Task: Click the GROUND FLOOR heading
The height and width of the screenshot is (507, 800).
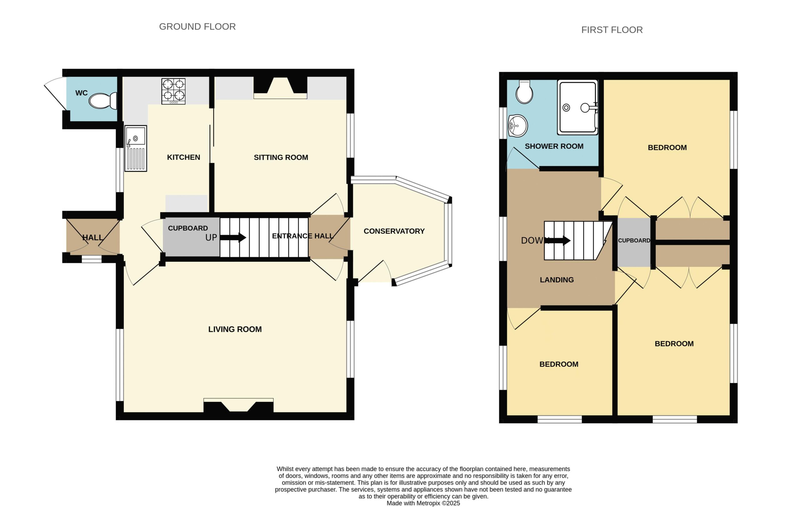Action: [197, 27]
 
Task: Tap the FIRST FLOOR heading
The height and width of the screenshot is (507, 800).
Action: [612, 30]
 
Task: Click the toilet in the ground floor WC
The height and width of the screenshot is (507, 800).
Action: [103, 101]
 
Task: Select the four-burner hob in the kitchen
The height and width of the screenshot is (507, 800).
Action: [173, 91]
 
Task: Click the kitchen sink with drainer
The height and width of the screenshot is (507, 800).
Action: [136, 148]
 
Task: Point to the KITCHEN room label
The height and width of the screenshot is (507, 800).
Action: [183, 158]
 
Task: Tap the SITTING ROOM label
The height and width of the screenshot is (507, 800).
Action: [281, 158]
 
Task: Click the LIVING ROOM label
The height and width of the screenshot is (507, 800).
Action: [235, 329]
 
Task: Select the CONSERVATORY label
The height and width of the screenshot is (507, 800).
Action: [394, 231]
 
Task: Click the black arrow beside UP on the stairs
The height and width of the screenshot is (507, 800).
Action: [233, 238]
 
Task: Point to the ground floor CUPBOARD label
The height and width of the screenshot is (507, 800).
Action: [188, 228]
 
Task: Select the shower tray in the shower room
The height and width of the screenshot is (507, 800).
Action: [577, 107]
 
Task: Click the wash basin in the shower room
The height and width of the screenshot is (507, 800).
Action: [517, 126]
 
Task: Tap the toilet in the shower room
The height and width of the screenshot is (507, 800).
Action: [524, 92]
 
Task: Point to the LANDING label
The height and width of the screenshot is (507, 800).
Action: [557, 280]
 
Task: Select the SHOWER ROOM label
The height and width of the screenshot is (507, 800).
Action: [554, 146]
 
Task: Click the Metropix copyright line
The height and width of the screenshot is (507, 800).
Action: [423, 503]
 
